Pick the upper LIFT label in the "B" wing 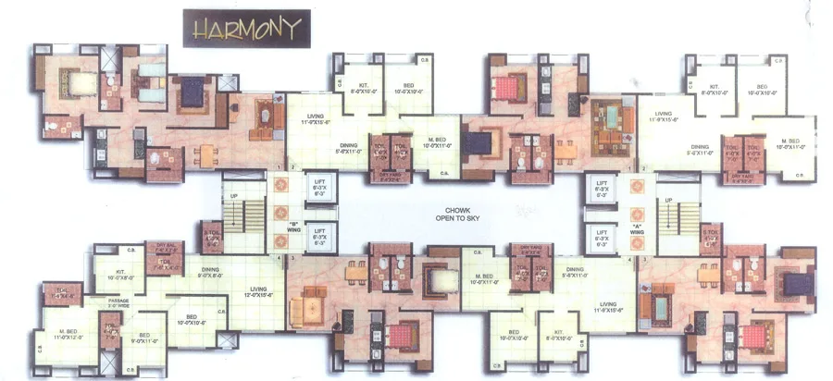(x=319, y=190)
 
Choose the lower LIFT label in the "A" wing (x=601, y=237)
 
